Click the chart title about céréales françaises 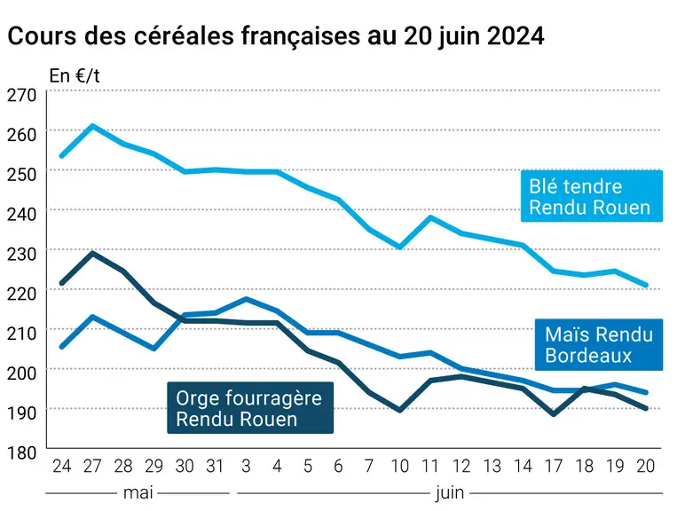[x=276, y=35]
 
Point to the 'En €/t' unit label [x=75, y=76]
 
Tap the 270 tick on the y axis [x=21, y=95]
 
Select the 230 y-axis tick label [x=21, y=254]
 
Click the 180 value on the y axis [x=21, y=452]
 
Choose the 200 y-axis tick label [x=21, y=373]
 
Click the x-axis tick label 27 [x=92, y=466]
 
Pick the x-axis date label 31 [x=215, y=466]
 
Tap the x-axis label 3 [x=246, y=466]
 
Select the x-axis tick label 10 [x=399, y=466]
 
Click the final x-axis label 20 [x=646, y=466]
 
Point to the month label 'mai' [x=138, y=492]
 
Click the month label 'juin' [x=450, y=493]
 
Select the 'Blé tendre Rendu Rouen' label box [x=592, y=196]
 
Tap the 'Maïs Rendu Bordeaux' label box [x=599, y=344]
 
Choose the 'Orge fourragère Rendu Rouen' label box [x=250, y=408]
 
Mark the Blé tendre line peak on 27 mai [x=92, y=126]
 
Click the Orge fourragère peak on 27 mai [x=92, y=253]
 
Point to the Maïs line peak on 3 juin [x=246, y=299]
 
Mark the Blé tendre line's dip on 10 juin [x=399, y=248]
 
